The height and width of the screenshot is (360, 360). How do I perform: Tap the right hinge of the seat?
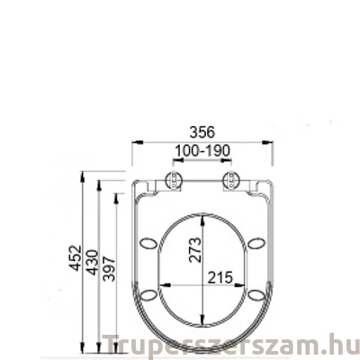[232, 179]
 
